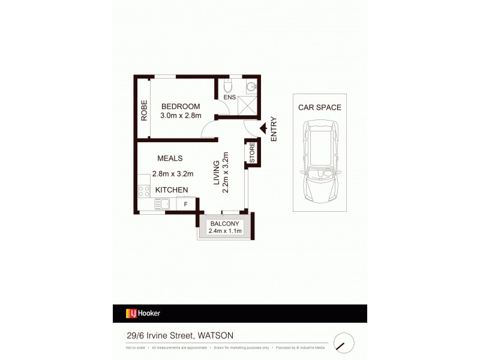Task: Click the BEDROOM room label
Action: click(x=180, y=106)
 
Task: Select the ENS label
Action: click(x=229, y=97)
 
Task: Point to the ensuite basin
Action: click(x=251, y=86)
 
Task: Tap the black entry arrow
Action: click(x=262, y=128)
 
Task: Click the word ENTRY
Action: click(x=274, y=128)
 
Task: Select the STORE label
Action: click(x=252, y=152)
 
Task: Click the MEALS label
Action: click(x=170, y=158)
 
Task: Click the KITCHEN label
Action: click(x=172, y=190)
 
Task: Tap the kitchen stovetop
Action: click(x=144, y=191)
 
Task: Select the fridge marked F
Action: click(x=185, y=205)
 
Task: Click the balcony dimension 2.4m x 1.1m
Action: click(x=224, y=230)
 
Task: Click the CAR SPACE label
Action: click(x=319, y=108)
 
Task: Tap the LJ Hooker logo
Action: click(x=142, y=313)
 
